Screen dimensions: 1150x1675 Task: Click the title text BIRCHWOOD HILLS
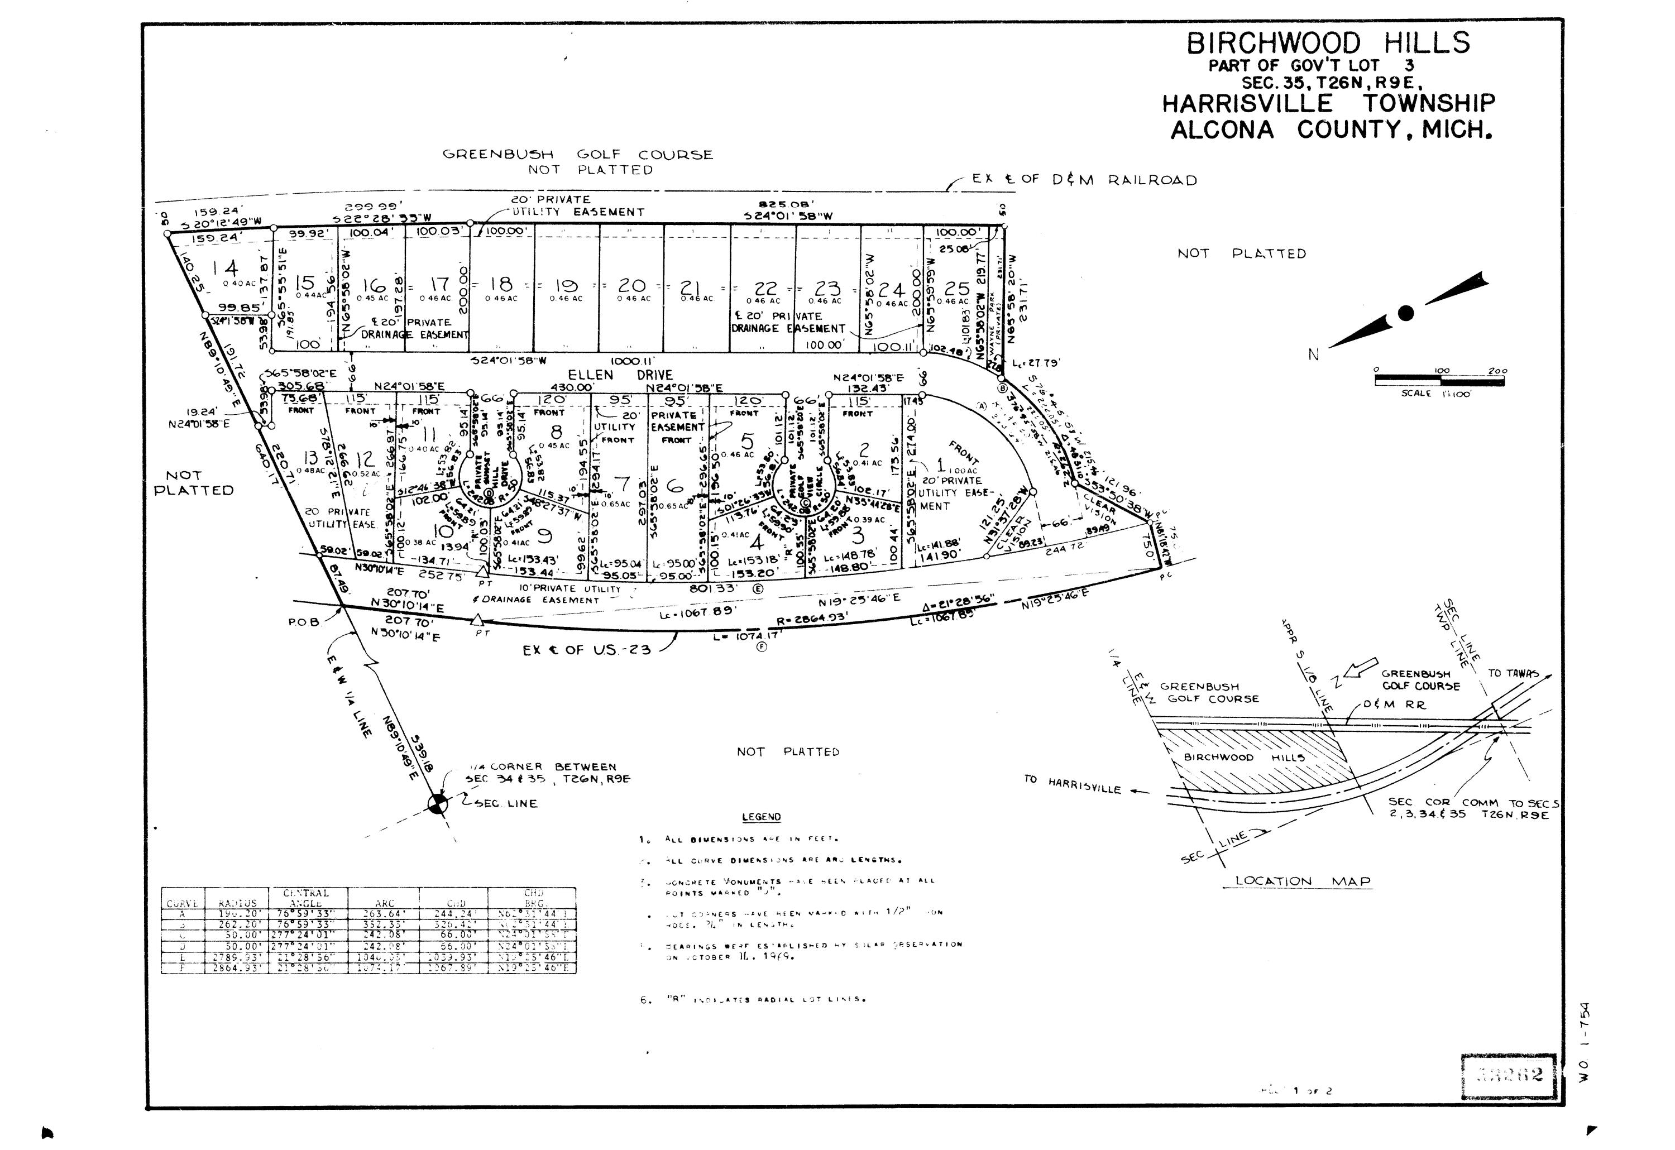[x=1328, y=43]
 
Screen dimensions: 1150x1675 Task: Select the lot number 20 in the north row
[x=632, y=286]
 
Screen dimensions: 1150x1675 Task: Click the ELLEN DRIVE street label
[x=620, y=375]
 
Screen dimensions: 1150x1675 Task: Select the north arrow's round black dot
[x=1405, y=313]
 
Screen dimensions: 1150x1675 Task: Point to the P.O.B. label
[x=303, y=622]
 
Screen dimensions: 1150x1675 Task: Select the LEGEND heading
[x=761, y=817]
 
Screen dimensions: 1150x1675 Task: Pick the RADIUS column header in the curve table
[x=237, y=903]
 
